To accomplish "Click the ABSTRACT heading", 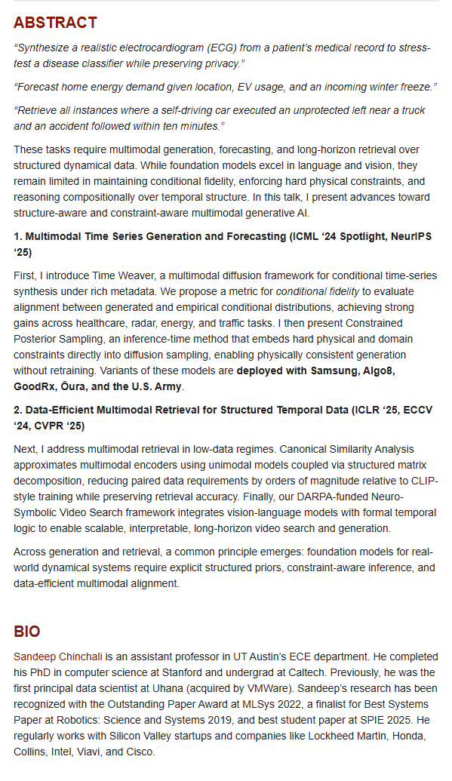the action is (x=55, y=23).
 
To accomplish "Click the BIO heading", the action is (x=27, y=632).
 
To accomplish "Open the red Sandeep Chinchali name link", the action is (x=58, y=656).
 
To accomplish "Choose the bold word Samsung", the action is (x=323, y=370).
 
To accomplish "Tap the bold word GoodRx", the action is (x=35, y=386).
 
